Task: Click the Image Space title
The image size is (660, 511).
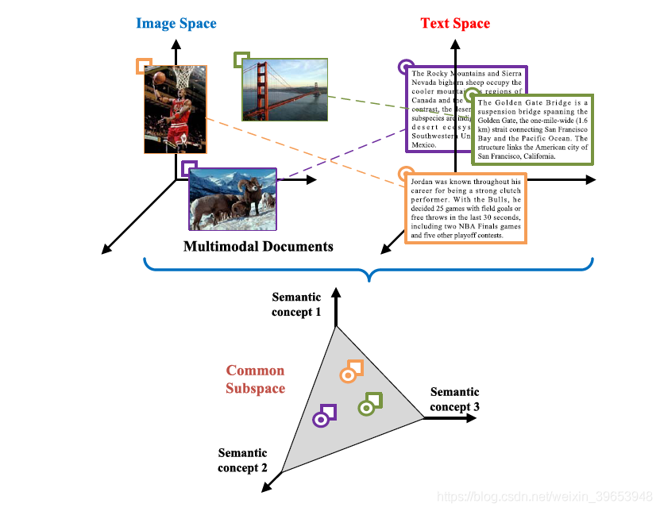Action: pos(176,23)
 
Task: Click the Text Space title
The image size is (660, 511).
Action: pos(455,23)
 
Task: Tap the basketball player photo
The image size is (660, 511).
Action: pos(176,109)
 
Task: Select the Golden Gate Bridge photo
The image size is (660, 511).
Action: pos(284,90)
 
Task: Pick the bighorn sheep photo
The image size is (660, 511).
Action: pos(233,199)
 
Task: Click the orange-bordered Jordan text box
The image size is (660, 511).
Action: pos(465,209)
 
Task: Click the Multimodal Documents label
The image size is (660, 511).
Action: pos(258,246)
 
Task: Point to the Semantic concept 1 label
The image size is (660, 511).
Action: pos(296,305)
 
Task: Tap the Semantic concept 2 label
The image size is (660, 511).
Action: pos(243,460)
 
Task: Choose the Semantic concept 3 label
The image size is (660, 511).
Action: pos(454,399)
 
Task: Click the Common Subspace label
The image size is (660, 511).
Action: pos(255,379)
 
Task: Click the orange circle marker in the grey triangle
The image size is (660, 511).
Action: pos(348,375)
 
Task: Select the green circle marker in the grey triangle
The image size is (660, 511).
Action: pos(366,409)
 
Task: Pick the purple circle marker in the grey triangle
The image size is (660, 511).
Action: pos(321,419)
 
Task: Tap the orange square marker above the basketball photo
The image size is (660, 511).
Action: pos(144,65)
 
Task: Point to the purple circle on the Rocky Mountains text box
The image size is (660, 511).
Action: pos(406,67)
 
